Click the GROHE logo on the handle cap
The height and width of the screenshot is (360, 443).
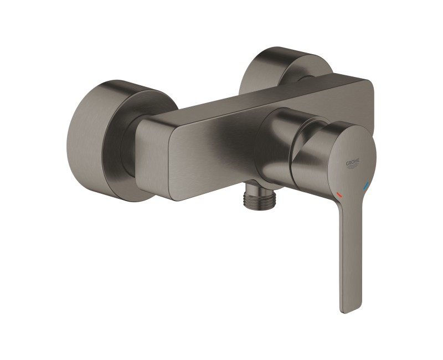352,163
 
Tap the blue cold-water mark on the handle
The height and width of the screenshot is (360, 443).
364,188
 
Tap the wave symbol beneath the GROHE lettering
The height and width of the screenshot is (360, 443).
353,168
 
